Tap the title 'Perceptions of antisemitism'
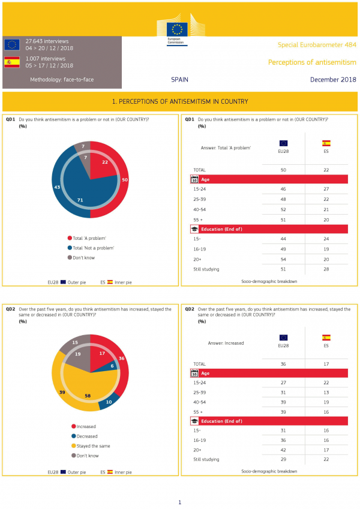(312, 62)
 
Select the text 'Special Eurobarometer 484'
(317, 45)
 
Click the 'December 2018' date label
(333, 80)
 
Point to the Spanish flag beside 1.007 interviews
(12, 62)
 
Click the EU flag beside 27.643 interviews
(12, 44)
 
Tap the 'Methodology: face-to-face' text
(62, 80)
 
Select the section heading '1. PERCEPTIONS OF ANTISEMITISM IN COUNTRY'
(180, 102)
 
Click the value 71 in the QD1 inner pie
(80, 199)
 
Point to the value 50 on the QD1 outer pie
(124, 180)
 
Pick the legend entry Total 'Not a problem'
(92, 248)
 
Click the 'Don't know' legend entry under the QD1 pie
(85, 258)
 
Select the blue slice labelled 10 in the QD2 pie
(108, 402)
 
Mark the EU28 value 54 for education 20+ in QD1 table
(283, 259)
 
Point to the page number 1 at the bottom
(179, 502)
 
